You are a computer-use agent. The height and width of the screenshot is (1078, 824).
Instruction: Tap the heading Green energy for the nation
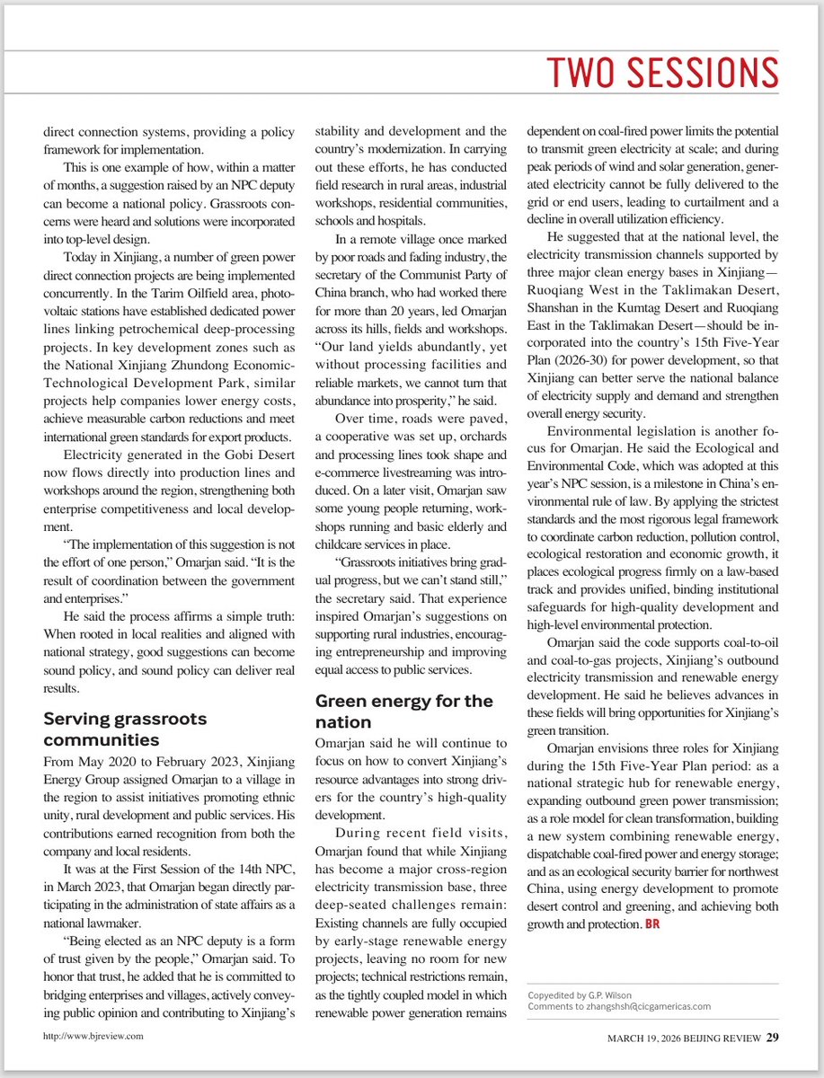point(403,711)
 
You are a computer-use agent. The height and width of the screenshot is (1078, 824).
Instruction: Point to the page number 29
point(773,1038)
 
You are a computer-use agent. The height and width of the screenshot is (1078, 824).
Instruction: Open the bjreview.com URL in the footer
point(93,1035)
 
